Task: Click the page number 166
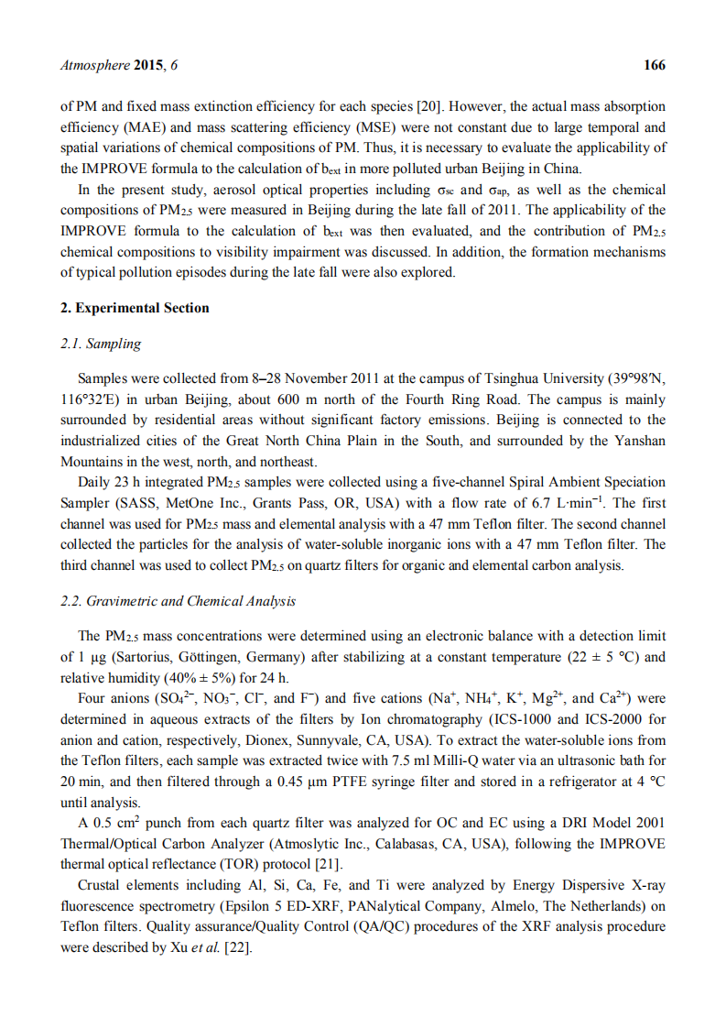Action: coord(655,65)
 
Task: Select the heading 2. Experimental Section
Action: coord(135,308)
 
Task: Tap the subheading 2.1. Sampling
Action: coord(101,344)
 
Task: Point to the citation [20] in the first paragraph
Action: coord(432,107)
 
